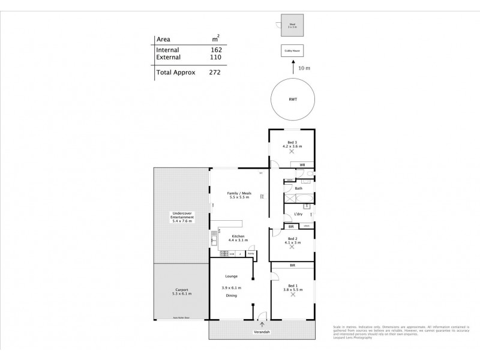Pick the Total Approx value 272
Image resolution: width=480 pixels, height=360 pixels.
click(x=214, y=72)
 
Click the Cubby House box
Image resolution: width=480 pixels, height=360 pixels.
click(x=292, y=52)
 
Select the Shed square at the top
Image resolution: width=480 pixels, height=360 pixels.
click(x=292, y=25)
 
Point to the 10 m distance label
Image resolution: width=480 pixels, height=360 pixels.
click(x=304, y=69)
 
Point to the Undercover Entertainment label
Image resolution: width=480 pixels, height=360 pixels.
click(x=182, y=217)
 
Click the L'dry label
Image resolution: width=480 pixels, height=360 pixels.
click(x=298, y=215)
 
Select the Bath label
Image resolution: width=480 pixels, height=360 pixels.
click(x=298, y=188)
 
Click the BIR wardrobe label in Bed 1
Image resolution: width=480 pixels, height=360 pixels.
click(x=292, y=265)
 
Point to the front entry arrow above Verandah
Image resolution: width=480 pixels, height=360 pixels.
click(x=262, y=323)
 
